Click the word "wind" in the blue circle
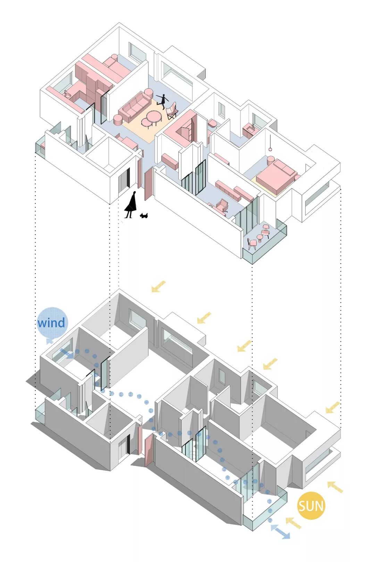click(x=51, y=323)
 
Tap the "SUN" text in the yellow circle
click(x=311, y=506)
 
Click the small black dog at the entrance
click(x=144, y=216)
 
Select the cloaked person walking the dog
click(x=131, y=206)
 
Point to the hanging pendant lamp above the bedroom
click(x=270, y=149)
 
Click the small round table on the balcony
click(x=266, y=228)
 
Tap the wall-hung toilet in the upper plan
click(x=212, y=123)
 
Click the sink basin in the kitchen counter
click(x=67, y=94)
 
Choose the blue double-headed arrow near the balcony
click(x=280, y=532)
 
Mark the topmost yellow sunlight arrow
click(x=158, y=287)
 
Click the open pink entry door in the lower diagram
click(x=149, y=449)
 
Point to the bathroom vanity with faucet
click(x=250, y=129)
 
